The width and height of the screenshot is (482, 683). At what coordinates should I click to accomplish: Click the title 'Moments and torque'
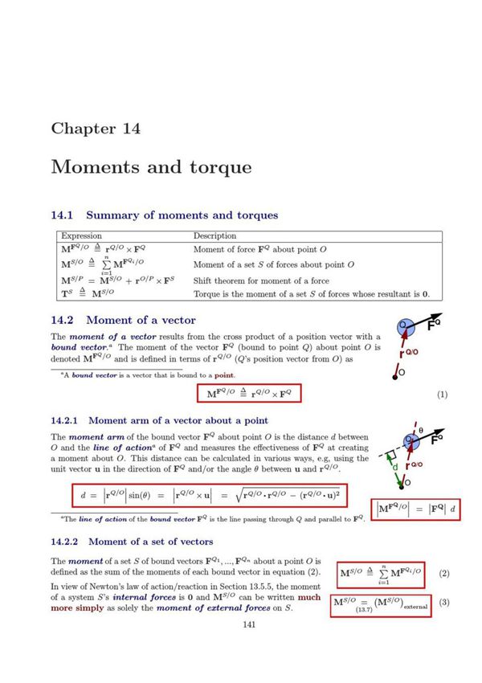(151, 167)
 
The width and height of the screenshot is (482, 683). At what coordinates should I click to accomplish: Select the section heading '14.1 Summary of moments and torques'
(165, 215)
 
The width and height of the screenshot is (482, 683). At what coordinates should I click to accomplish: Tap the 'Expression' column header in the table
(83, 236)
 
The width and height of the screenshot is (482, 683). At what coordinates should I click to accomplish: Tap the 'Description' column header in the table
(214, 236)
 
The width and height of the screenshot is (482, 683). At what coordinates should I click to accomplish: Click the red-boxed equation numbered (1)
(249, 394)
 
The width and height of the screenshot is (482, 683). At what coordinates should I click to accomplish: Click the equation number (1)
(442, 395)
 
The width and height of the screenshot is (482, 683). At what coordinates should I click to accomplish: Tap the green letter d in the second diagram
(394, 466)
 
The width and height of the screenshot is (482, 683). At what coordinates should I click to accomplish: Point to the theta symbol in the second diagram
(419, 431)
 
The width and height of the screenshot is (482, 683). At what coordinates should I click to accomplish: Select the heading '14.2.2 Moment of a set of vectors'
(132, 542)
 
